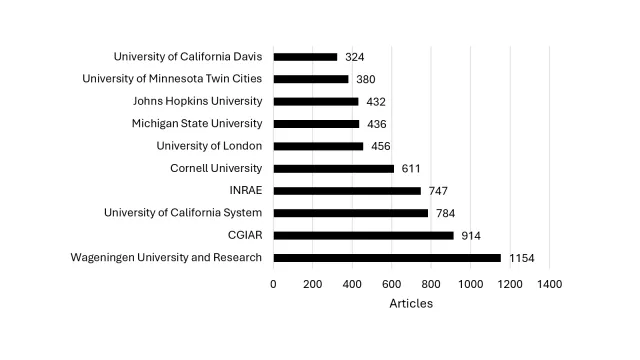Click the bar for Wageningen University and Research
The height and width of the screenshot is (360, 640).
tap(387, 258)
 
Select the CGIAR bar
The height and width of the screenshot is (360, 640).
tap(363, 235)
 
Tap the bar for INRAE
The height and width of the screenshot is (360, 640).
tap(347, 190)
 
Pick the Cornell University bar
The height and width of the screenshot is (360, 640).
tap(333, 168)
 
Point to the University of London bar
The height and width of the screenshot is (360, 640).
tap(318, 146)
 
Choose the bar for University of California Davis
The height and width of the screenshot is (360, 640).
tap(305, 57)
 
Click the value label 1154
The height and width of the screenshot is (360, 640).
tap(522, 258)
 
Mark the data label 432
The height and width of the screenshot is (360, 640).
tap(376, 101)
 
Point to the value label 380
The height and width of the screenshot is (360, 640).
tap(366, 79)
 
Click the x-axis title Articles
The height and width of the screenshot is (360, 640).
tap(411, 303)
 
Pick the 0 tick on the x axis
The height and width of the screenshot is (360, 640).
tap(273, 284)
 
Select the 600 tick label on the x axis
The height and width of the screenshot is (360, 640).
tap(392, 284)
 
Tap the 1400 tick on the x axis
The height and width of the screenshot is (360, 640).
tap(549, 284)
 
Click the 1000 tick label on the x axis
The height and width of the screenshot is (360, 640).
tap(470, 284)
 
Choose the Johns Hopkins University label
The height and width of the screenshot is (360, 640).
tap(197, 101)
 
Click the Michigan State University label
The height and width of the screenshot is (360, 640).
tap(197, 123)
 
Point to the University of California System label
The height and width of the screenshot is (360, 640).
tap(183, 212)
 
